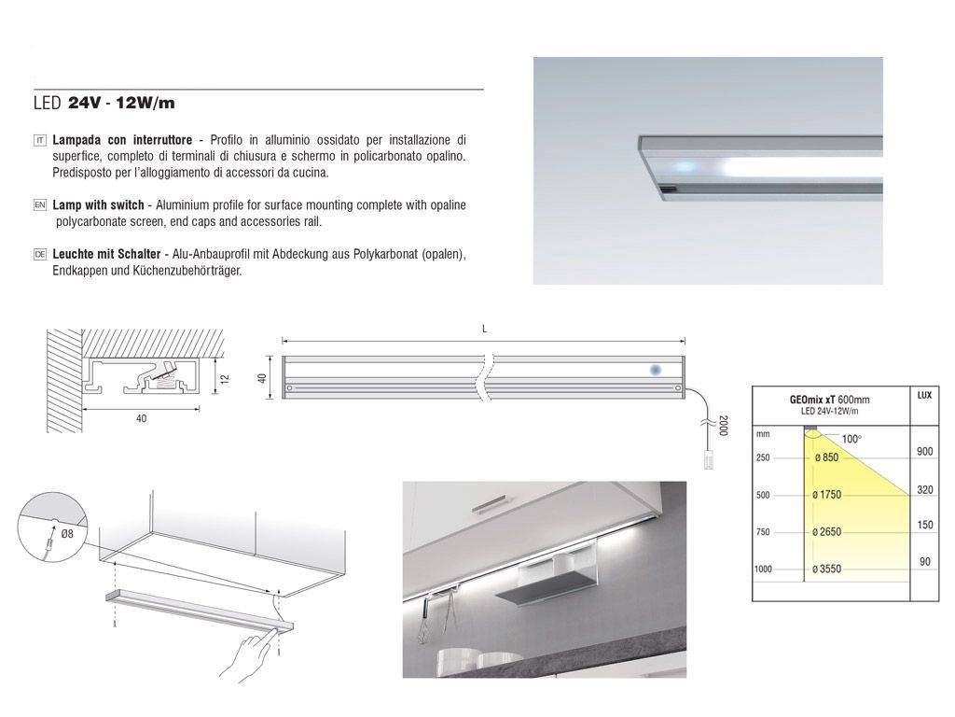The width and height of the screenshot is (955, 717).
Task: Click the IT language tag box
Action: pyautogui.click(x=39, y=141)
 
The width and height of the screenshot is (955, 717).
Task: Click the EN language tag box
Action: pyautogui.click(x=39, y=205)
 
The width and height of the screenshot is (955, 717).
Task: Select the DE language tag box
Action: pyautogui.click(x=39, y=254)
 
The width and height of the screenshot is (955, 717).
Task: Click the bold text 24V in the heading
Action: pyautogui.click(x=84, y=103)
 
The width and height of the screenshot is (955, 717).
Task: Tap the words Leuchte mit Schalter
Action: pyautogui.click(x=106, y=254)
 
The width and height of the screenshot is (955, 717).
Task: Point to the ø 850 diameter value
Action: pyautogui.click(x=826, y=457)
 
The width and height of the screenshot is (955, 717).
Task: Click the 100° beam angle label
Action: pyautogui.click(x=851, y=439)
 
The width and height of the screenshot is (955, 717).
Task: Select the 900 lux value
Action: pyautogui.click(x=924, y=452)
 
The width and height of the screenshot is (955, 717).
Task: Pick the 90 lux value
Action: pyautogui.click(x=925, y=561)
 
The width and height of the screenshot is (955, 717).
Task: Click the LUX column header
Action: pyautogui.click(x=924, y=396)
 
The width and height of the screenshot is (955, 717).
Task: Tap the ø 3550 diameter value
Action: pyautogui.click(x=826, y=569)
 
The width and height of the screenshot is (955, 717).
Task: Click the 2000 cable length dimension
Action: pyautogui.click(x=724, y=426)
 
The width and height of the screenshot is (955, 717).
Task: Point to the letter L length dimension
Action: pyautogui.click(x=484, y=330)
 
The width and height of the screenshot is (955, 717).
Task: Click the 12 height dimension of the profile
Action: pyautogui.click(x=226, y=379)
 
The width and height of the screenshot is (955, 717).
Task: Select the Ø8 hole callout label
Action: pyautogui.click(x=67, y=534)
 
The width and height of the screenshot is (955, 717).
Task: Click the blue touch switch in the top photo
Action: pyautogui.click(x=684, y=166)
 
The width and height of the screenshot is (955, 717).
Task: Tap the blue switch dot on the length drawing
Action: pyautogui.click(x=656, y=370)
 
